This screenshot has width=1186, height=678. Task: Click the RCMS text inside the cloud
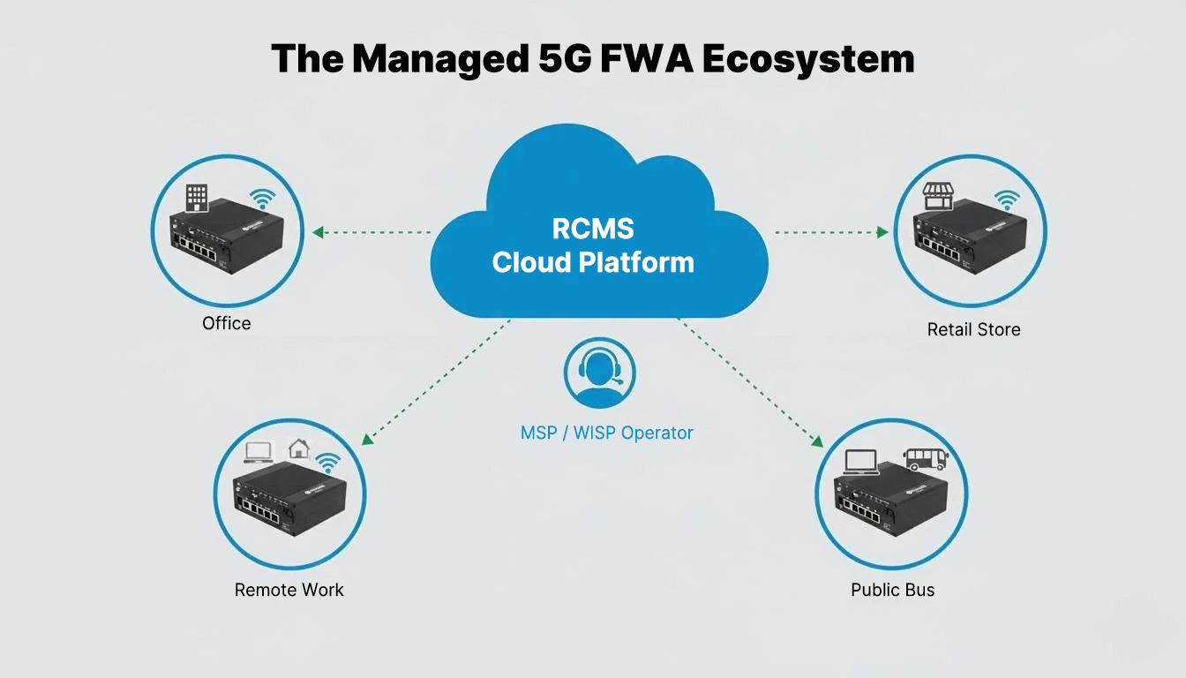593,229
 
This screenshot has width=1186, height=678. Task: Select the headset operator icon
600,373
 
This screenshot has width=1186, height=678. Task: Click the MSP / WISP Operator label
606,433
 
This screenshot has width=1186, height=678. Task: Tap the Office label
227,323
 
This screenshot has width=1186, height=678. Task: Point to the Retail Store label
973,329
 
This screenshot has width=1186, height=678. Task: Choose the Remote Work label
289,590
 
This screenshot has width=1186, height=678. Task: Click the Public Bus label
892,590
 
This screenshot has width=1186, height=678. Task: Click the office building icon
197,198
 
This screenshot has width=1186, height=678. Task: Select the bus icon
925,459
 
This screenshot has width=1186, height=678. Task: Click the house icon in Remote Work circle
299,448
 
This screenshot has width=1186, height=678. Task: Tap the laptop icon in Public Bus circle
861,462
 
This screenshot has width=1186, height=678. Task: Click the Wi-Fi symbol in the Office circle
262,198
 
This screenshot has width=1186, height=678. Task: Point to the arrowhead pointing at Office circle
319,232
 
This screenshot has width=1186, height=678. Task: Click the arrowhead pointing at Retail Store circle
882,232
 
